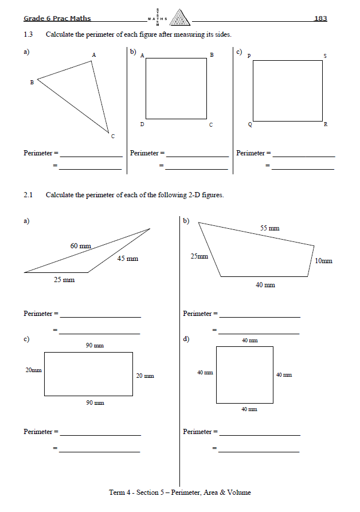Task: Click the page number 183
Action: [320, 18]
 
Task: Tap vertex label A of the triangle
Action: [93, 54]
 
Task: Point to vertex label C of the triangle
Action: [112, 136]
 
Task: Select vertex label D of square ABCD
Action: [142, 124]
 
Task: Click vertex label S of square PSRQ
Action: [325, 56]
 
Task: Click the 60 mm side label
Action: [81, 245]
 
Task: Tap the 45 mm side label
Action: [128, 259]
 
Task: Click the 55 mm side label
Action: [269, 228]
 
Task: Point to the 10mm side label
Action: [323, 261]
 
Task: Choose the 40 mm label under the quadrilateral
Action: [265, 284]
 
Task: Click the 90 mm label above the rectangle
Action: [95, 345]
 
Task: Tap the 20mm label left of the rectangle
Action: [33, 370]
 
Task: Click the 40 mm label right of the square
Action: [284, 374]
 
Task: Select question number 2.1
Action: [28, 195]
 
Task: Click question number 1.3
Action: [28, 34]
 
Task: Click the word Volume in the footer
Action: [240, 493]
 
